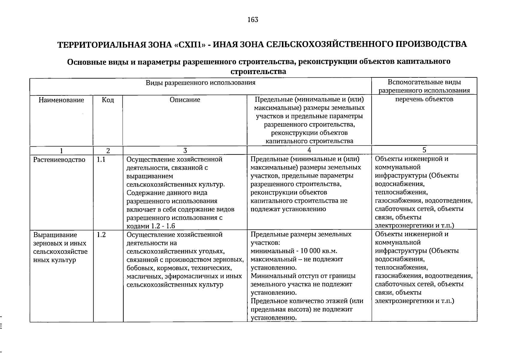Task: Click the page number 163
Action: tap(253, 20)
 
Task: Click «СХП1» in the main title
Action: tap(190, 44)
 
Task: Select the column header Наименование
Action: tap(61, 100)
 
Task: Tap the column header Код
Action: tap(108, 100)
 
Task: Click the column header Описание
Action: tap(185, 100)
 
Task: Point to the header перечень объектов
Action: tap(424, 99)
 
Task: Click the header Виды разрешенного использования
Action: tap(200, 82)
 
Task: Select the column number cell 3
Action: tap(185, 150)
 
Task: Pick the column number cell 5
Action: tap(424, 150)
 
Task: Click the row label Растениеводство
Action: tap(59, 160)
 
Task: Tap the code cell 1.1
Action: tap(101, 160)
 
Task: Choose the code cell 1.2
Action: tap(101, 235)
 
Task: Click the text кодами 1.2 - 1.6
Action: tap(151, 226)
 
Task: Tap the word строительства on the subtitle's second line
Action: tap(258, 72)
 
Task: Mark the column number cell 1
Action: tap(61, 150)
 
